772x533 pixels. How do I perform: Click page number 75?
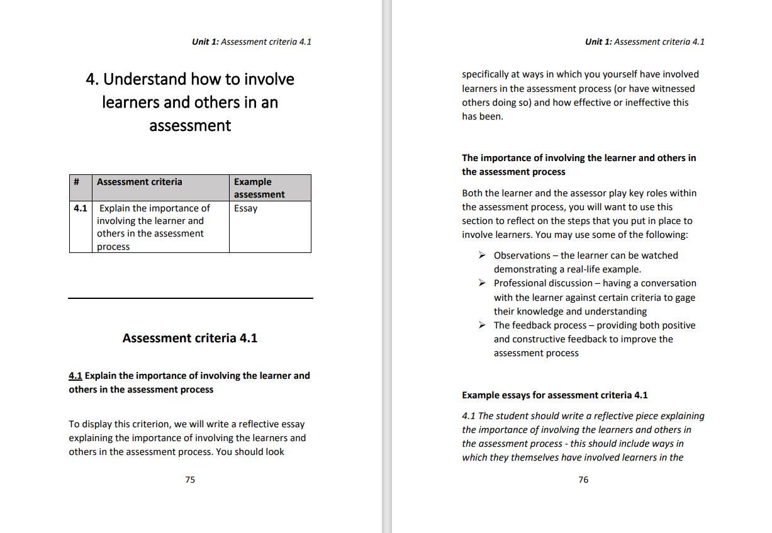(190, 480)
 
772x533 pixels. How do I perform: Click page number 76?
(583, 480)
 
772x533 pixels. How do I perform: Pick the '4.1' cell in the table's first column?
(80, 208)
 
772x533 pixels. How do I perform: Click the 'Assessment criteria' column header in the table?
(140, 182)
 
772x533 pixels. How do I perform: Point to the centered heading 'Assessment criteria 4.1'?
(190, 338)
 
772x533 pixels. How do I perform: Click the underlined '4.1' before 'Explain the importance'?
(76, 376)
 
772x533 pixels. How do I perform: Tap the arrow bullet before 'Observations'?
(481, 255)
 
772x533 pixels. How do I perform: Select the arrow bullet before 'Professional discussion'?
(481, 283)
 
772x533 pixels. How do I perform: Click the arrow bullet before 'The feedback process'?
(481, 325)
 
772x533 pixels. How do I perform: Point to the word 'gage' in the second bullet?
(685, 298)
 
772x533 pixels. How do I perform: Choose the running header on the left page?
(251, 42)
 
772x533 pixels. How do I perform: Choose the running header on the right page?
(644, 42)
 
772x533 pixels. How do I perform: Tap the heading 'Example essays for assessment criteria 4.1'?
(554, 395)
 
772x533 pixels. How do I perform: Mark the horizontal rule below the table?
(190, 298)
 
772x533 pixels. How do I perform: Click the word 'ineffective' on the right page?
(645, 103)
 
